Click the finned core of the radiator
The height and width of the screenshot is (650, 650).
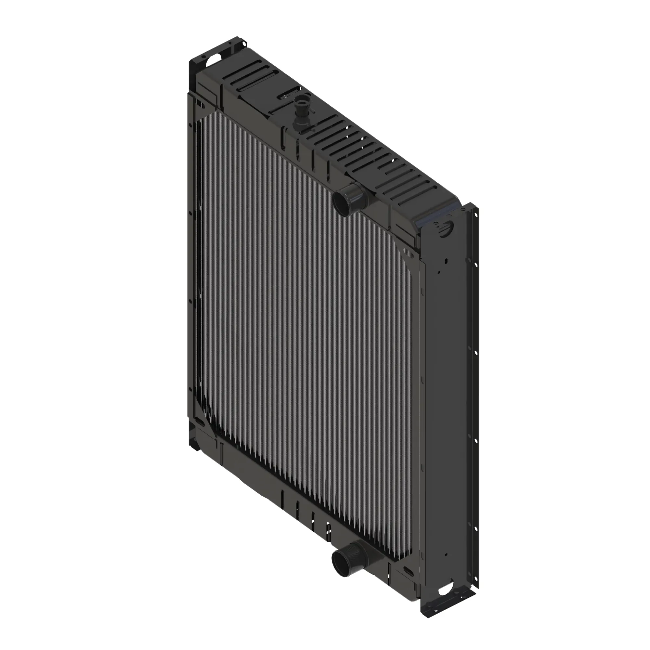click(303, 336)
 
